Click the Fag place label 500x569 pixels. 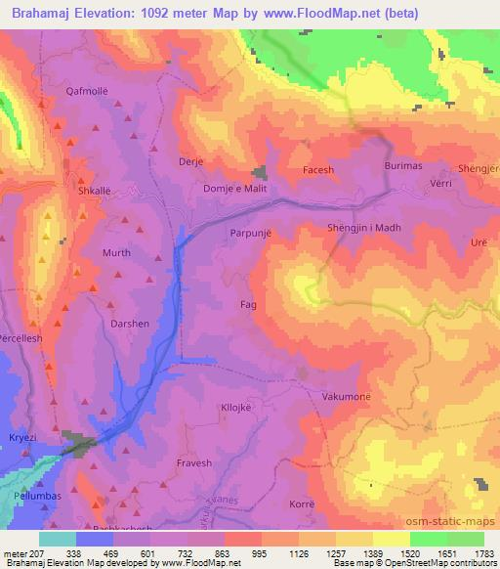(248, 305)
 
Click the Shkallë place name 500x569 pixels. (95, 192)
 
